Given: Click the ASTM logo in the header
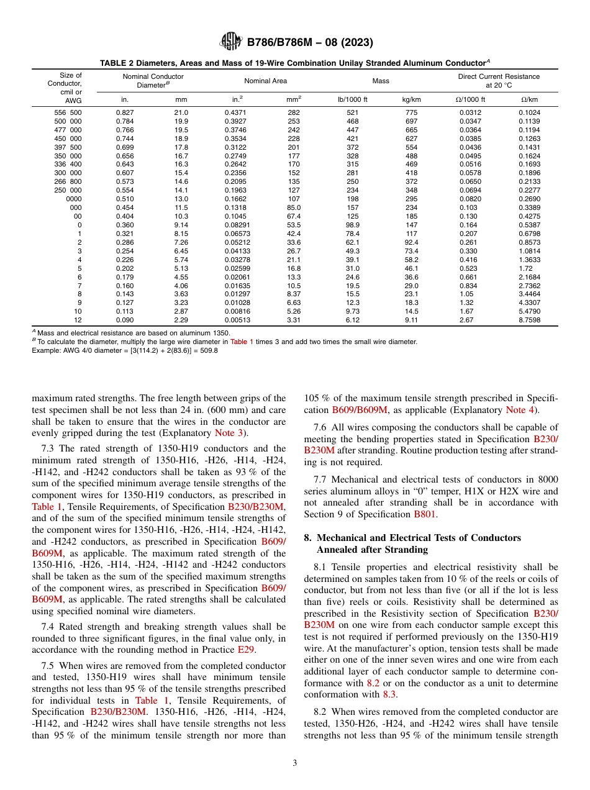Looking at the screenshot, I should click(x=231, y=43).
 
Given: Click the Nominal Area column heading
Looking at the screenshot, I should click(x=265, y=81).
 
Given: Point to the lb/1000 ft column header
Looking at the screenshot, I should click(x=352, y=99).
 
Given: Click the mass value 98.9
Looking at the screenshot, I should click(x=352, y=225).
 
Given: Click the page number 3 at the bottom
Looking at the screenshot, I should click(x=294, y=763).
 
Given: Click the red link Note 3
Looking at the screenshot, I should click(x=230, y=433).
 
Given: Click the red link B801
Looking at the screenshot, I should click(x=425, y=514).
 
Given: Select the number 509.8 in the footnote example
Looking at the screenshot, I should click(x=207, y=350).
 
